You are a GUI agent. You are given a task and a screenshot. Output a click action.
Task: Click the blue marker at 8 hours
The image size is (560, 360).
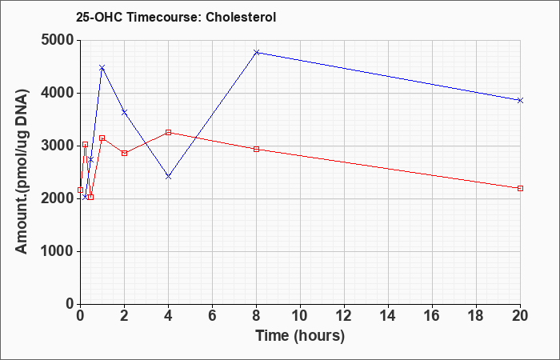pyautogui.click(x=257, y=53)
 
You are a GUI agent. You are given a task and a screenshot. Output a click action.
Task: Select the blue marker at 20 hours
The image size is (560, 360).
pyautogui.click(x=520, y=100)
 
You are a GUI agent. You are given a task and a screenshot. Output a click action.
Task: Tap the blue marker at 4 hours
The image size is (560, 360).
pyautogui.click(x=169, y=177)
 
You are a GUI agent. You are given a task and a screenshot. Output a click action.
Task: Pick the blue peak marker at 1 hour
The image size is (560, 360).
pyautogui.click(x=102, y=67)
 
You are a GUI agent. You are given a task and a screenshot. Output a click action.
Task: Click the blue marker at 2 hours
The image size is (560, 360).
pyautogui.click(x=124, y=112)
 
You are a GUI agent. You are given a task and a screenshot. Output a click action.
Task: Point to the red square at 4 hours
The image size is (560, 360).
pyautogui.click(x=169, y=133)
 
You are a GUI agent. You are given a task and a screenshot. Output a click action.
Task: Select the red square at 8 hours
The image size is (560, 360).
pyautogui.click(x=257, y=150)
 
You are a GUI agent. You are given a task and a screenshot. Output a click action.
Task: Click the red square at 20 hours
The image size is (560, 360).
pyautogui.click(x=520, y=188)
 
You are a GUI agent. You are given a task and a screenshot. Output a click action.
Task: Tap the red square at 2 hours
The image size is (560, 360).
pyautogui.click(x=124, y=154)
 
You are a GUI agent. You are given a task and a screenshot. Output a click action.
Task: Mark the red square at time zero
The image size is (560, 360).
pyautogui.click(x=80, y=190)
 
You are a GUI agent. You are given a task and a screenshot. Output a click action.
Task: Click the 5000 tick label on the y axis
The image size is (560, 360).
pyautogui.click(x=58, y=40)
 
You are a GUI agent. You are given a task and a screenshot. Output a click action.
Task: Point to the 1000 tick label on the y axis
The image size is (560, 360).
pyautogui.click(x=58, y=251)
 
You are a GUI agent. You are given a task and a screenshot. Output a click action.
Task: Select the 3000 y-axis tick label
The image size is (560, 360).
pyautogui.click(x=58, y=146)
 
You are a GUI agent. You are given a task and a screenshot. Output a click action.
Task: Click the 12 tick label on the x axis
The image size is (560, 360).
pyautogui.click(x=344, y=316)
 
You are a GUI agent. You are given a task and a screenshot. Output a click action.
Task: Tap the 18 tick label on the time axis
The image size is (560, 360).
pyautogui.click(x=477, y=316)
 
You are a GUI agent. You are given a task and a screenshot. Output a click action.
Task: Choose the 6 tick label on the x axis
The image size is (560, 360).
pyautogui.click(x=213, y=316)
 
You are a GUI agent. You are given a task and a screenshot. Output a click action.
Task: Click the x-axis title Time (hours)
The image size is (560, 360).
pyautogui.click(x=300, y=337)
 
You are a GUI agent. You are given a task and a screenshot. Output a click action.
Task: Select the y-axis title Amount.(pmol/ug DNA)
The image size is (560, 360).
pyautogui.click(x=22, y=172)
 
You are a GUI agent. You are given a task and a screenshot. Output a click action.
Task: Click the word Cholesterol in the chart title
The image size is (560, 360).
pyautogui.click(x=241, y=17)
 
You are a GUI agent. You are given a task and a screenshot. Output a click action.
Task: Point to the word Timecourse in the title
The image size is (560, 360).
pyautogui.click(x=163, y=17)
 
